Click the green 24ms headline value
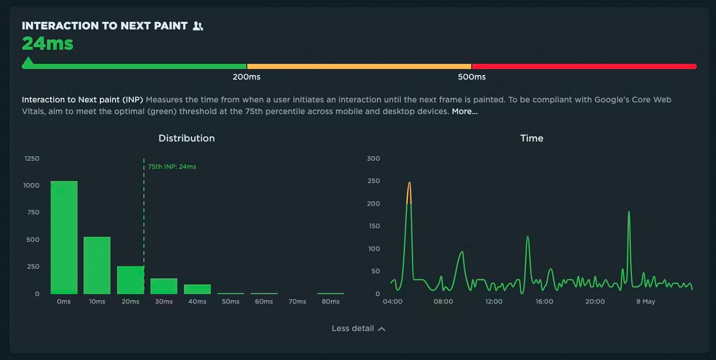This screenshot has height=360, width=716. pyautogui.click(x=48, y=44)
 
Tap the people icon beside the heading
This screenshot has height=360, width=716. pyautogui.click(x=198, y=26)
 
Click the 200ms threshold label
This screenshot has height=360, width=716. pyautogui.click(x=246, y=77)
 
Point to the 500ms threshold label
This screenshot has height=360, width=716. pyautogui.click(x=472, y=77)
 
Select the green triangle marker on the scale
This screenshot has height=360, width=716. pyautogui.click(x=28, y=62)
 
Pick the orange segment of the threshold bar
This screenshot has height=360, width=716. pyautogui.click(x=359, y=66)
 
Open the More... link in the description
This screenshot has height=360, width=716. pyautogui.click(x=465, y=112)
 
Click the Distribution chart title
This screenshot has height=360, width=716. pyautogui.click(x=186, y=138)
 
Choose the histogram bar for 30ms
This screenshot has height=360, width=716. pyautogui.click(x=164, y=286)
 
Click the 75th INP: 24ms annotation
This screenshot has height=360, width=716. pyautogui.click(x=172, y=167)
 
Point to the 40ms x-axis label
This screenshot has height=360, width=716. pyautogui.click(x=197, y=302)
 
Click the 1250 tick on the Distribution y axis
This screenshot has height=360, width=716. pyautogui.click(x=32, y=159)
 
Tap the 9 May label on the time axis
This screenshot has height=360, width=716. pyautogui.click(x=646, y=302)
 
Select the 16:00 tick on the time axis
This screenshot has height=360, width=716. pyautogui.click(x=544, y=302)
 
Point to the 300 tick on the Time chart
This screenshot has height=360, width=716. pyautogui.click(x=373, y=159)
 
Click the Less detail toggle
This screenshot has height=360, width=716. pyautogui.click(x=358, y=329)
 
